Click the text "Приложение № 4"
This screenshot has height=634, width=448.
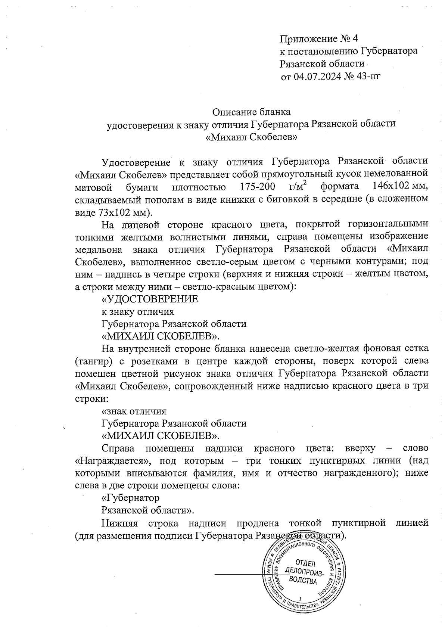pyautogui.click(x=319, y=38)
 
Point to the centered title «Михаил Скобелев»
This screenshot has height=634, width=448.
pyautogui.click(x=251, y=137)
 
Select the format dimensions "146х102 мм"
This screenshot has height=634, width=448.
pyautogui.click(x=400, y=186)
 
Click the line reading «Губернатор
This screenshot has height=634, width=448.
pyautogui.click(x=130, y=498)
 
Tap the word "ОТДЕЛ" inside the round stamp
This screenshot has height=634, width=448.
pyautogui.click(x=305, y=563)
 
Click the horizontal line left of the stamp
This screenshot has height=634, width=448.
pyautogui.click(x=239, y=574)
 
